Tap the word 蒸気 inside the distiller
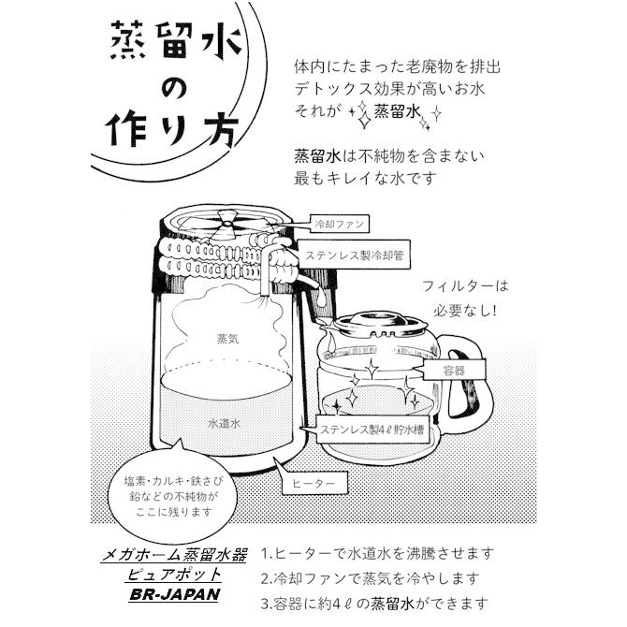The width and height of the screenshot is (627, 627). coord(228,340)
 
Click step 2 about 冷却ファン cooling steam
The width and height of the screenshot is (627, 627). coord(378,578)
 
